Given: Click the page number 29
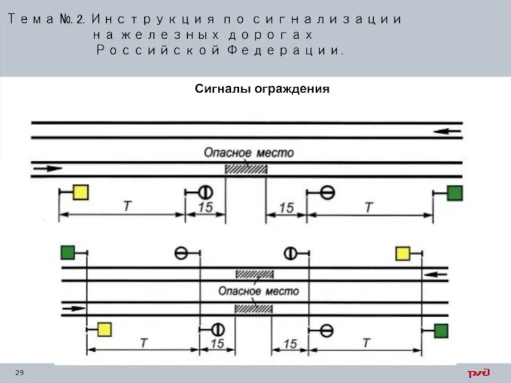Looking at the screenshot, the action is [19, 372].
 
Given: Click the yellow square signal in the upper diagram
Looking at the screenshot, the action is [80, 192].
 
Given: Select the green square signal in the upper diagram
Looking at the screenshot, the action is [455, 193].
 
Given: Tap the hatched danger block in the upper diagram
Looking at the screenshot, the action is [246, 169].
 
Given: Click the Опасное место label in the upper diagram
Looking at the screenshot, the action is [248, 153].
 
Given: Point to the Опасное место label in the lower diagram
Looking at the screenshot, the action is [259, 291].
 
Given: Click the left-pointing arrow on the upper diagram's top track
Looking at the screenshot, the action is [447, 131].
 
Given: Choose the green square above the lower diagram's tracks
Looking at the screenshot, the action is [68, 253].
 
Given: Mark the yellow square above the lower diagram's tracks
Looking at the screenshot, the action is [403, 253].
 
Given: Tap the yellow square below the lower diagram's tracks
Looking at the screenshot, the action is [104, 329].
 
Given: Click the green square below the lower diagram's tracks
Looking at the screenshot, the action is [441, 330].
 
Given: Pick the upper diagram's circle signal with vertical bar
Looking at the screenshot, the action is [205, 191].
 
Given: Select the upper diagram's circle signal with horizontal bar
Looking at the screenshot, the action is [328, 191].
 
